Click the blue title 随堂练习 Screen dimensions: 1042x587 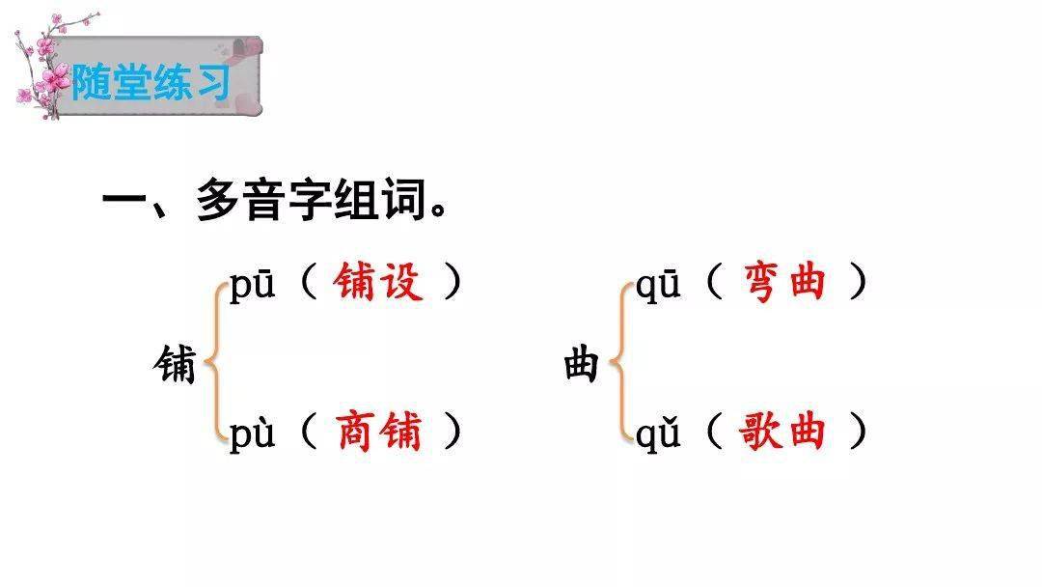tap(151, 82)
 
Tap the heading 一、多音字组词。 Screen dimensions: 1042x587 tap(275, 200)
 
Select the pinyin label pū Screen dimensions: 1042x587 tap(252, 286)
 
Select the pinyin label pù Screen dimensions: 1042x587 tap(252, 433)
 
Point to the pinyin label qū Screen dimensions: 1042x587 tap(658, 286)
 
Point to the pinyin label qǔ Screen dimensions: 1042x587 tap(658, 433)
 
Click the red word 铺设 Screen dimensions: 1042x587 tap(378, 281)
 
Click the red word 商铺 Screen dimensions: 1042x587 tap(379, 431)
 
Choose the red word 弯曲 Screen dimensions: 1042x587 tap(784, 281)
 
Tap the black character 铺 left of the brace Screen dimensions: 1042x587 tap(175, 364)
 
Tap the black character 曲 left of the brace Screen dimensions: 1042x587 tap(582, 364)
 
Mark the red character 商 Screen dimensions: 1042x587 tap(355, 431)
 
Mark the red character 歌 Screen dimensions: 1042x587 tap(759, 431)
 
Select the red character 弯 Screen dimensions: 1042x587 tap(762, 282)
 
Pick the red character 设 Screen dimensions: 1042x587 tap(401, 281)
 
